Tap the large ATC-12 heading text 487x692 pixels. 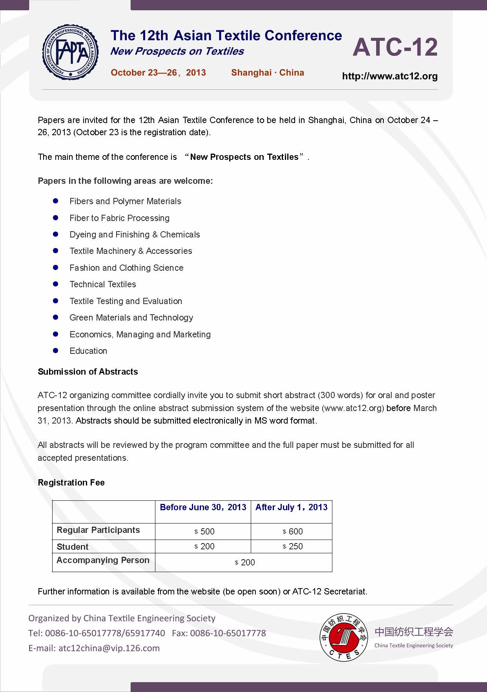tap(395, 47)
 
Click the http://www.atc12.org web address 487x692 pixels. tap(390, 76)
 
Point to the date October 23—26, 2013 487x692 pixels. tap(158, 72)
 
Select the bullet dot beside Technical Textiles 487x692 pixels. tap(56, 284)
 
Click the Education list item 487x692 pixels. tap(88, 351)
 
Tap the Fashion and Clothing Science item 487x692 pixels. tap(126, 268)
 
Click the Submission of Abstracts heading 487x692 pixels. tap(88, 371)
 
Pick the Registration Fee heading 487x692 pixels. tap(71, 482)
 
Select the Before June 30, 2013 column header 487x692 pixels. tap(203, 507)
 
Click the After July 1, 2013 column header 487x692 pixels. tap(291, 507)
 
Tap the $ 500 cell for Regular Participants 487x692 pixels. tap(204, 531)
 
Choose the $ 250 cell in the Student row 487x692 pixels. tap(293, 546)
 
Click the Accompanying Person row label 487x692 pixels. tap(103, 560)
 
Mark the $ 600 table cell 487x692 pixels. tap(293, 531)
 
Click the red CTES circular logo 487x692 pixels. tap(344, 637)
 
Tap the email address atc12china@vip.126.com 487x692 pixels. tap(109, 648)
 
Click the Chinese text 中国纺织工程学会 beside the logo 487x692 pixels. tap(414, 632)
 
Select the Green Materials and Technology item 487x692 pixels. tap(131, 317)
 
